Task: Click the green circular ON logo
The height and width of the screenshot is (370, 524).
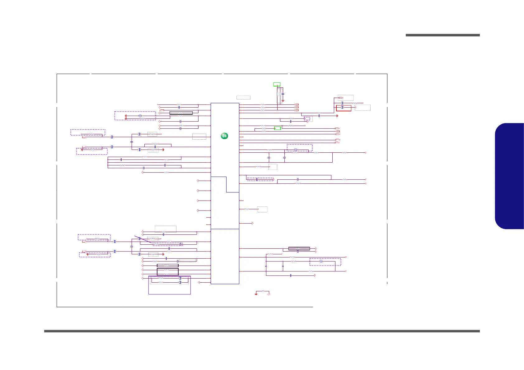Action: (224, 136)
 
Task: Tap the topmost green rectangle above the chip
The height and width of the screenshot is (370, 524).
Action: (277, 84)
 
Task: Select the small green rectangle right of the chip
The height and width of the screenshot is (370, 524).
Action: (277, 128)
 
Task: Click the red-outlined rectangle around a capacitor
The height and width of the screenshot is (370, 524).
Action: (344, 108)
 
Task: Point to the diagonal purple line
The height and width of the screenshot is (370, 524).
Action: (143, 239)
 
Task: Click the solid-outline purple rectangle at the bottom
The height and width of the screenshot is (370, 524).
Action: (169, 285)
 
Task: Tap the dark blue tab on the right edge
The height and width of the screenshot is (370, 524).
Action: (510, 176)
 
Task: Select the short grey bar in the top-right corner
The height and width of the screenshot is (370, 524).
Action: (442, 35)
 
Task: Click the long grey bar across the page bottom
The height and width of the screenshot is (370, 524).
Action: (262, 331)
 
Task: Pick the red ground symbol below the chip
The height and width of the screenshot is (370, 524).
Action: (256, 294)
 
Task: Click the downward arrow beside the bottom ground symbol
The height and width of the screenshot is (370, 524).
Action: (269, 294)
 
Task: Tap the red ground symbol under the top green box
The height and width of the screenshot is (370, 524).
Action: (283, 100)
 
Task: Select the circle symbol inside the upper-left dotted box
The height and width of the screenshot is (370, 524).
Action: (140, 116)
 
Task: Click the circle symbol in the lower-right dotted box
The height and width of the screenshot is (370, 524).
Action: (321, 261)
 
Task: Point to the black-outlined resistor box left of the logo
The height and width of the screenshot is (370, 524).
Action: (181, 113)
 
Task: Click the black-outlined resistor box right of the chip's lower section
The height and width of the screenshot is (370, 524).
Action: (299, 248)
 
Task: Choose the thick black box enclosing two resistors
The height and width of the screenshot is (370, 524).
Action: (167, 272)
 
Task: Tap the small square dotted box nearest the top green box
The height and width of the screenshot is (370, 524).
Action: (307, 118)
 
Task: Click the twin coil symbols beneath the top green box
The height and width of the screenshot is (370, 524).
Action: (278, 94)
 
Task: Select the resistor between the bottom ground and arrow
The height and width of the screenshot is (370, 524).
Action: (263, 291)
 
